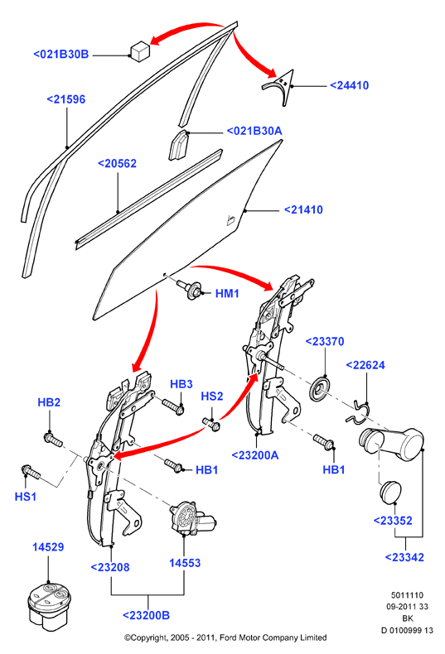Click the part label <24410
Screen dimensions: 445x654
click(x=350, y=85)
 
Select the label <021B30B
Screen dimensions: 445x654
click(x=61, y=54)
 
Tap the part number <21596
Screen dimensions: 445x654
click(x=66, y=99)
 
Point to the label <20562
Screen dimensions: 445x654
click(x=117, y=163)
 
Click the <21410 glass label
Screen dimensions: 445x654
click(x=303, y=209)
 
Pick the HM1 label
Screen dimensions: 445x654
click(x=227, y=294)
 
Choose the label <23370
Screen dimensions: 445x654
click(x=325, y=341)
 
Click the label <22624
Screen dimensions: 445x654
click(x=365, y=365)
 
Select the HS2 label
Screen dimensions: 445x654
click(x=212, y=396)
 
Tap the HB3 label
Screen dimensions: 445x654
click(x=181, y=384)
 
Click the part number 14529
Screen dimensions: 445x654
click(x=48, y=547)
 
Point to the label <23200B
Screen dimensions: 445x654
click(x=146, y=615)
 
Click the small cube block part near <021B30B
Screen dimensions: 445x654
click(x=140, y=50)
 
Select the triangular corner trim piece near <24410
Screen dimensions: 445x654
click(x=279, y=87)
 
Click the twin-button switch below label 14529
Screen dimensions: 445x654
click(x=47, y=604)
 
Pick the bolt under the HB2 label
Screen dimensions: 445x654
click(x=53, y=440)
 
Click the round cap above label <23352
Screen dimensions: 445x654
click(x=391, y=492)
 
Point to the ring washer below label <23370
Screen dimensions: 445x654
click(x=321, y=388)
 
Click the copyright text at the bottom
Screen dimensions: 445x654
click(x=225, y=637)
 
